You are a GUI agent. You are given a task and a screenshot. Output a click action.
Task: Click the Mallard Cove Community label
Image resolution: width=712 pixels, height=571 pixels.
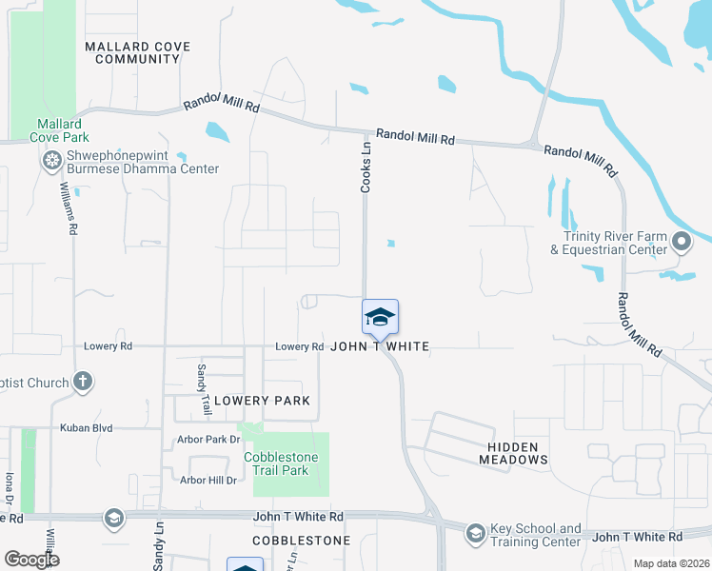[137, 52]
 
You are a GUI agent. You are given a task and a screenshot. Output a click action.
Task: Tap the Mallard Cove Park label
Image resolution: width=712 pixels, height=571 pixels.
[59, 130]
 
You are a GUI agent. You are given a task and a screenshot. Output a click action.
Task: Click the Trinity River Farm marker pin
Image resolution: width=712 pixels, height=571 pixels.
[681, 243]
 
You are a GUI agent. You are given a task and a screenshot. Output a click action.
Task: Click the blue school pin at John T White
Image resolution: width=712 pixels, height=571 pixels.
[380, 318]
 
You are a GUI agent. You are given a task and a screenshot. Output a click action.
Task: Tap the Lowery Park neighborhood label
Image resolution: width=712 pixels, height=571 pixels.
[261, 401]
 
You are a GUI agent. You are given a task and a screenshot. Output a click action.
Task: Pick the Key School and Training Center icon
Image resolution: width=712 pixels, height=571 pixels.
[475, 534]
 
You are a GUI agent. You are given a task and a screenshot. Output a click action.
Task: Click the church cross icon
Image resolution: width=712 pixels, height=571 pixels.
[83, 383]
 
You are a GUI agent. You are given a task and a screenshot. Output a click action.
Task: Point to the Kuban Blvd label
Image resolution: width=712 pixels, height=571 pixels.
[88, 428]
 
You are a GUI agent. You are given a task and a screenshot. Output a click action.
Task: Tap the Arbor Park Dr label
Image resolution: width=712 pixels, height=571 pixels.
[208, 440]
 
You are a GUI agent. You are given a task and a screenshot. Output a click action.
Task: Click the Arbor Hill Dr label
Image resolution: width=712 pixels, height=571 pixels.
[208, 481]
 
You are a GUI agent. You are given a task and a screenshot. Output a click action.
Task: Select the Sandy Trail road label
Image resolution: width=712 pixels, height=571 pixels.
[203, 388]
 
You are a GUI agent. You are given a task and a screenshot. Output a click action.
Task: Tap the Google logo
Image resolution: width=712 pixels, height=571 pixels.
[31, 560]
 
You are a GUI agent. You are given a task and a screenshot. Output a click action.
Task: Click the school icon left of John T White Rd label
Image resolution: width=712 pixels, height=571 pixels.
[113, 518]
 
